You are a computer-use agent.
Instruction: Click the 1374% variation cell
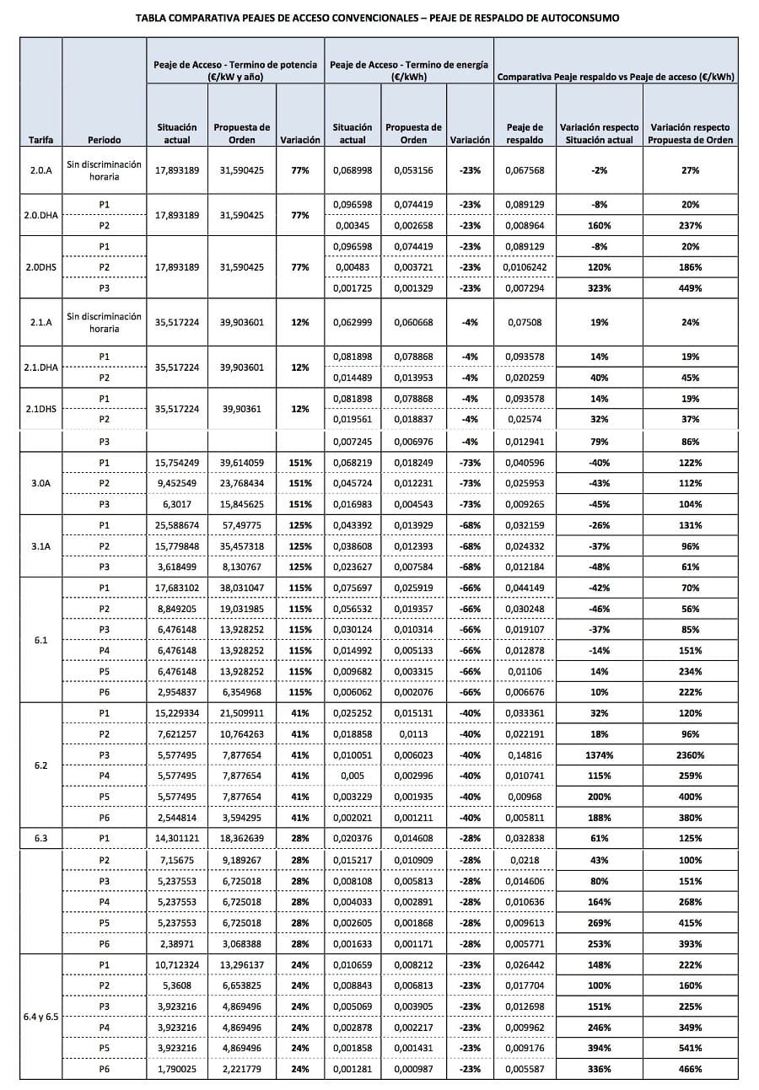coord(600,755)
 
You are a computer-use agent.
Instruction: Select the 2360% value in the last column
coord(690,755)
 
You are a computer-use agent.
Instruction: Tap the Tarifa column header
coord(40,139)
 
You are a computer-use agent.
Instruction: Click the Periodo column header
coord(104,139)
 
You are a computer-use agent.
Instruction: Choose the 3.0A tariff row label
coord(40,483)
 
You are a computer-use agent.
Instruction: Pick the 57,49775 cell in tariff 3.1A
coord(242,525)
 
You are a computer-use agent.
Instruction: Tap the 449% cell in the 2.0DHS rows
coord(690,288)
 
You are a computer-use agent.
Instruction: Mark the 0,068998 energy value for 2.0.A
coord(353,170)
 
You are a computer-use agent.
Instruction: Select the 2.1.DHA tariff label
coord(40,368)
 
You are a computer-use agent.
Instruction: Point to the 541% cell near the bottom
coord(690,1048)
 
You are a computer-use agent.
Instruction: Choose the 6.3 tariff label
coord(40,839)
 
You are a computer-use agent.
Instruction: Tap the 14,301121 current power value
coord(177,839)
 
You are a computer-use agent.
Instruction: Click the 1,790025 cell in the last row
coord(177,1069)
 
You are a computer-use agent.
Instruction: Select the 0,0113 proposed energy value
coord(413,734)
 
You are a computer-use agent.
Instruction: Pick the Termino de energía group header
coord(408,70)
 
